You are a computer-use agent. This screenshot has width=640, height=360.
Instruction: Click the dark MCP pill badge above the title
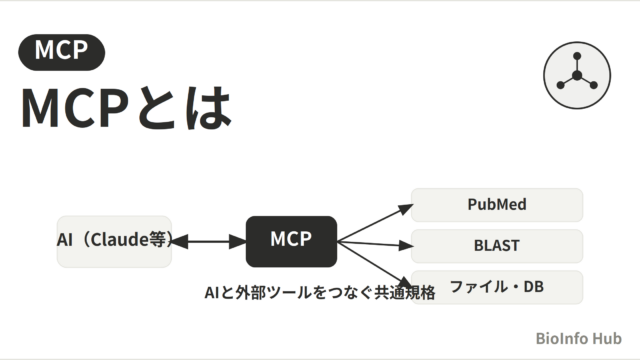(x=62, y=52)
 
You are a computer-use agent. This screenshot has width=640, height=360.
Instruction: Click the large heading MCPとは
(x=127, y=108)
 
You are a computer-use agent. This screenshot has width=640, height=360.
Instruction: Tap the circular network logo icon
(x=577, y=76)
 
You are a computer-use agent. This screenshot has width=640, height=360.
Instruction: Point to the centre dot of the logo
(x=577, y=76)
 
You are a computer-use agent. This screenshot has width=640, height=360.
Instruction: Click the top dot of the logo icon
(x=577, y=56)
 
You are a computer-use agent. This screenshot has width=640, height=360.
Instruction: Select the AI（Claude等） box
(x=114, y=242)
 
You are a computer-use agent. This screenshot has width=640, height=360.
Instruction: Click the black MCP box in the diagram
(x=291, y=242)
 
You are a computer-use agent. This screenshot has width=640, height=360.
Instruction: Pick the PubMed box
(x=497, y=205)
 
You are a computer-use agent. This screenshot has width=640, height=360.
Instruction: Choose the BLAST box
(x=497, y=246)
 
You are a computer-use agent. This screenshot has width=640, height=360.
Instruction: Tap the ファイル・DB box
(x=497, y=287)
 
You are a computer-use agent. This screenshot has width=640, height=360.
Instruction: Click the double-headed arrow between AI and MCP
(x=209, y=242)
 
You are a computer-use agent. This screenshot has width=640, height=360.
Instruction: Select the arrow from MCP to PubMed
(x=375, y=223)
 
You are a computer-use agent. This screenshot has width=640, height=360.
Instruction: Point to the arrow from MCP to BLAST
(x=375, y=244)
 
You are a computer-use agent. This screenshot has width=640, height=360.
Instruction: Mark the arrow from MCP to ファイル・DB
(x=375, y=264)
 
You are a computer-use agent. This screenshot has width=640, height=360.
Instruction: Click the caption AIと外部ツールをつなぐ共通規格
(x=320, y=293)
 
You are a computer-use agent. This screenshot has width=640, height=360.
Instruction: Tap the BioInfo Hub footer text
(x=578, y=338)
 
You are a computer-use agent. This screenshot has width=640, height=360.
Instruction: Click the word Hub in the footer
(x=607, y=338)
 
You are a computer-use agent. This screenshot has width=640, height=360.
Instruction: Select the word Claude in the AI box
(x=119, y=240)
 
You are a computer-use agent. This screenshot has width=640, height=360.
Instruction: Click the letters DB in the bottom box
(x=533, y=287)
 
